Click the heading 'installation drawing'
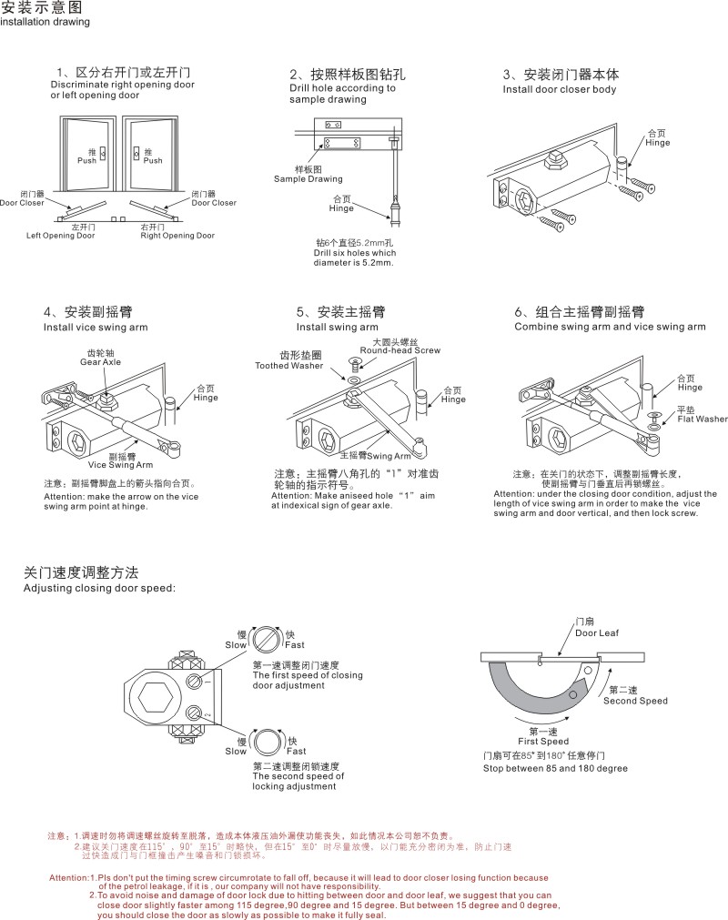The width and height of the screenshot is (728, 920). click(x=45, y=23)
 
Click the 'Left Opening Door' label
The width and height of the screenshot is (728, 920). click(x=60, y=236)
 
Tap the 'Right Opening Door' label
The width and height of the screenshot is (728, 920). click(x=177, y=236)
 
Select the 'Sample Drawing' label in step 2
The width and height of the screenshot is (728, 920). click(x=308, y=179)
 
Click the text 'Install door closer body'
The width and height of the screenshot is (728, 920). click(x=560, y=90)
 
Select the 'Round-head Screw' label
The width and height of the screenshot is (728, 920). click(x=399, y=350)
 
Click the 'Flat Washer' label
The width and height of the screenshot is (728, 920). click(x=703, y=420)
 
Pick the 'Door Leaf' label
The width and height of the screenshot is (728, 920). click(x=596, y=632)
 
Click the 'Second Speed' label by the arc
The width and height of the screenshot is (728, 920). click(x=635, y=701)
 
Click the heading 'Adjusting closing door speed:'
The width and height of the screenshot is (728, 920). click(x=99, y=589)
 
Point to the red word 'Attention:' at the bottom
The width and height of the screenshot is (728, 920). click(x=69, y=877)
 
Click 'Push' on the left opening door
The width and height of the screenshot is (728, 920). click(x=86, y=160)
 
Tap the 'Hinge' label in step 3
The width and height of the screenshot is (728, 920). click(x=657, y=143)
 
